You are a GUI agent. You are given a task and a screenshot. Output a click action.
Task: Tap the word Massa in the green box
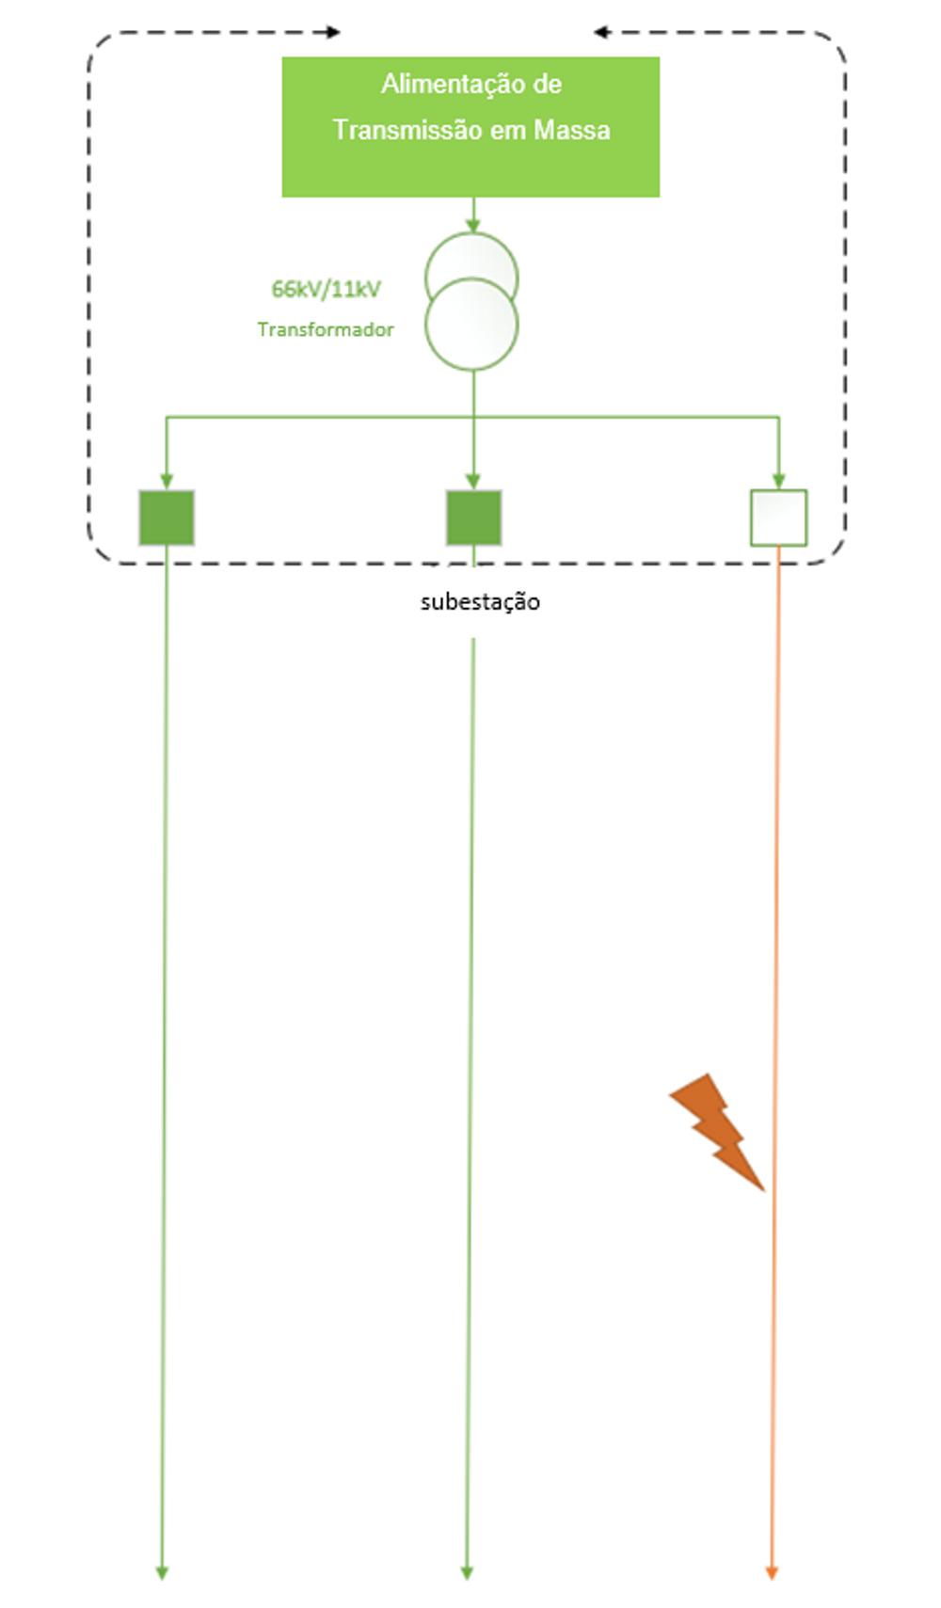point(572,129)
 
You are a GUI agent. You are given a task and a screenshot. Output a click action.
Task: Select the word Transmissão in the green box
point(407,129)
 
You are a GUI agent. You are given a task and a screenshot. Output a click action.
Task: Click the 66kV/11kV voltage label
point(326,289)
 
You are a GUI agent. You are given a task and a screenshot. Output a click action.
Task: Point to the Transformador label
point(325,329)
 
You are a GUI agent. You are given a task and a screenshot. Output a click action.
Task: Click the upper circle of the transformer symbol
point(471,257)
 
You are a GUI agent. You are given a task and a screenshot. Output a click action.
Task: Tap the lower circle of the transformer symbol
point(471,326)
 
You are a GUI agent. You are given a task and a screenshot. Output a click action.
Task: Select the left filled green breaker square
point(167,517)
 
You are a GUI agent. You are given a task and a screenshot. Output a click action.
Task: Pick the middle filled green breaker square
point(473,517)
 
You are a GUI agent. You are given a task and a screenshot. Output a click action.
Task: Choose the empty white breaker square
point(778,517)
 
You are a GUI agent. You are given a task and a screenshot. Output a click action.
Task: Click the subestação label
point(480,602)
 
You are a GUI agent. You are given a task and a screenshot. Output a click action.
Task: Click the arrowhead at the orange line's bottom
point(772,1572)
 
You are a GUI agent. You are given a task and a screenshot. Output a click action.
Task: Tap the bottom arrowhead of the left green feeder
point(162,1572)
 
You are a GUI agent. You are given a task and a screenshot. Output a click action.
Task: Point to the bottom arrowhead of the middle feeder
point(467,1572)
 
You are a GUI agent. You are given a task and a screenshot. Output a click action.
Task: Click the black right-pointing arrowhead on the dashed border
point(333,32)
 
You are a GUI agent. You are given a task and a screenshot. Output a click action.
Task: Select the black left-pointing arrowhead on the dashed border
point(600,32)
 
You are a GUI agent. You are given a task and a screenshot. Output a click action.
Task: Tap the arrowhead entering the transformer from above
point(472,226)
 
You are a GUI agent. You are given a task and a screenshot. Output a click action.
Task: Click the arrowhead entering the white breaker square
point(778,481)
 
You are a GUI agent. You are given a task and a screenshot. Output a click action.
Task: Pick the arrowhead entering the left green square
point(167,481)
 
